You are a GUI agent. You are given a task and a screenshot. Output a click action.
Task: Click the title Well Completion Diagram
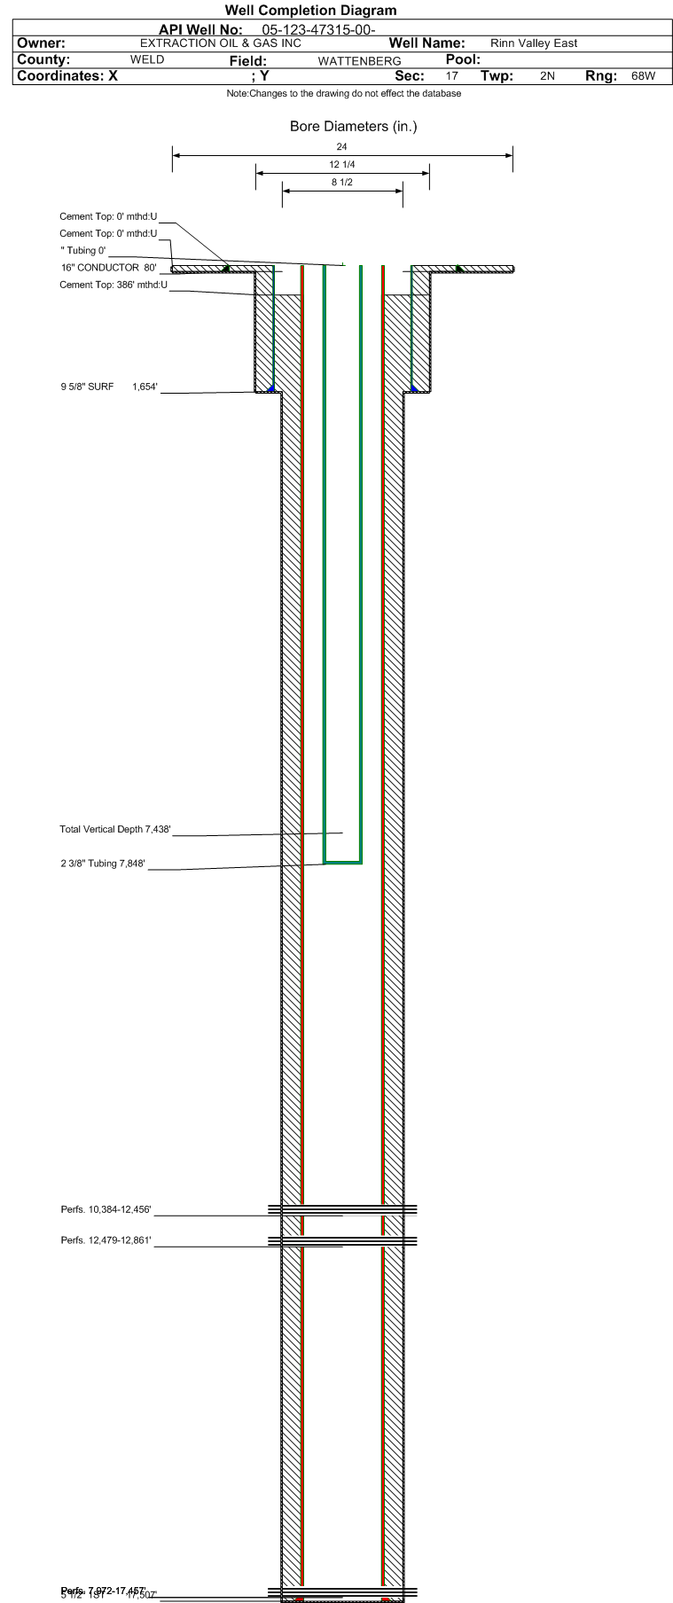(x=310, y=11)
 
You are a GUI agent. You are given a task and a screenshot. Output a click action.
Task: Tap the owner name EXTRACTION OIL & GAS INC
(x=221, y=43)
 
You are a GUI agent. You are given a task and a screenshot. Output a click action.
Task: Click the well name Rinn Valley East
(x=534, y=43)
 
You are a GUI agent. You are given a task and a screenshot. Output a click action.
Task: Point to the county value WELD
(x=147, y=60)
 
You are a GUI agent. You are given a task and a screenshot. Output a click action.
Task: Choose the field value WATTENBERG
(x=359, y=61)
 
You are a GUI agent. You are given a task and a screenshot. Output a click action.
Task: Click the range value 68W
(x=643, y=76)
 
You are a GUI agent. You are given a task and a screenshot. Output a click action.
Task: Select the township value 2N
(x=547, y=76)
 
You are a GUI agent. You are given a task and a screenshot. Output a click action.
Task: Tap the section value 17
(x=452, y=76)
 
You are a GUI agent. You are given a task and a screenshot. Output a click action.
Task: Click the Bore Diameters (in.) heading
(x=353, y=127)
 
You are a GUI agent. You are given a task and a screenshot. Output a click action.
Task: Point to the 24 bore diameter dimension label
(x=342, y=146)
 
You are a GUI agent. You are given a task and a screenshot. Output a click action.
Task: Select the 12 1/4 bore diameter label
(x=342, y=165)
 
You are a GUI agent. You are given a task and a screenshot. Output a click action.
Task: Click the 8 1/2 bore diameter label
(x=342, y=183)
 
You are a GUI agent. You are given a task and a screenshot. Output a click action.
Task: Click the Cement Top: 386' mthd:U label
(x=113, y=285)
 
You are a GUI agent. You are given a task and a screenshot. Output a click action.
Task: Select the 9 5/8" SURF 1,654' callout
(x=109, y=387)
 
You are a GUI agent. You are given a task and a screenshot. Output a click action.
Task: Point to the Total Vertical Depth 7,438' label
(x=114, y=830)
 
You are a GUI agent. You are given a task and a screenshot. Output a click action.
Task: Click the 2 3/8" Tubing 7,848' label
(x=103, y=864)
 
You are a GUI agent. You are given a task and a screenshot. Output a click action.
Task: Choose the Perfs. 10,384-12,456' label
(x=106, y=1209)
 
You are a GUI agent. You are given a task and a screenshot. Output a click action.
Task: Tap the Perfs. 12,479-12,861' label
(x=106, y=1240)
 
